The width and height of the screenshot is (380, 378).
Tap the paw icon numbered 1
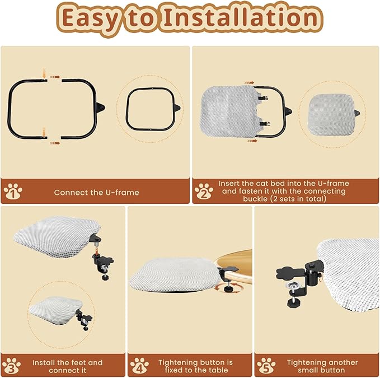pos(12,192)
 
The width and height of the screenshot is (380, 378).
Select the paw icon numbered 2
pos(204,192)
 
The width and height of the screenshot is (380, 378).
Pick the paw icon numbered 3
pos(11,366)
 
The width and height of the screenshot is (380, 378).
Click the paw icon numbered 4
pos(139,366)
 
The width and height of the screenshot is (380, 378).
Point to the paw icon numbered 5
pos(266,366)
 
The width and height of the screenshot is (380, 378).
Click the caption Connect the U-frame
pos(96,192)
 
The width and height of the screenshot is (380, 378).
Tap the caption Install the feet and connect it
pos(67,366)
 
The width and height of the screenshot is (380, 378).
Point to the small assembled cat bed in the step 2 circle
pos(330,113)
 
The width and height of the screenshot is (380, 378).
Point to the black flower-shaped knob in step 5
pos(288,273)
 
